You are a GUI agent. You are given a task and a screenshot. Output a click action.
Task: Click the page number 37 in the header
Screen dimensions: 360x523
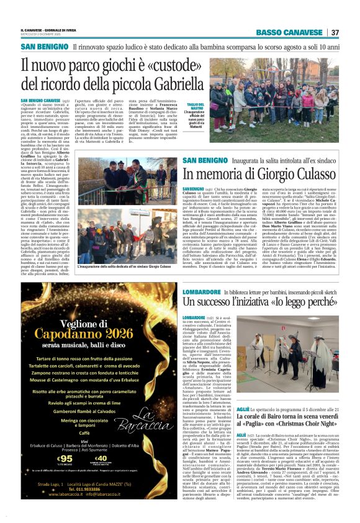tap(335, 32)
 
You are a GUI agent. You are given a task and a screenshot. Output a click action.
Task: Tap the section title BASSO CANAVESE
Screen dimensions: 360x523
tap(291, 32)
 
